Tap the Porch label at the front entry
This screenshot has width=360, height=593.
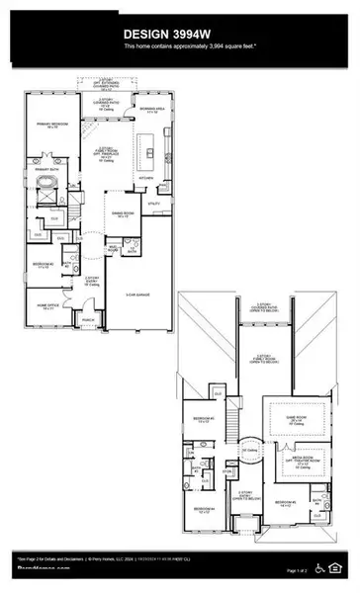88,320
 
